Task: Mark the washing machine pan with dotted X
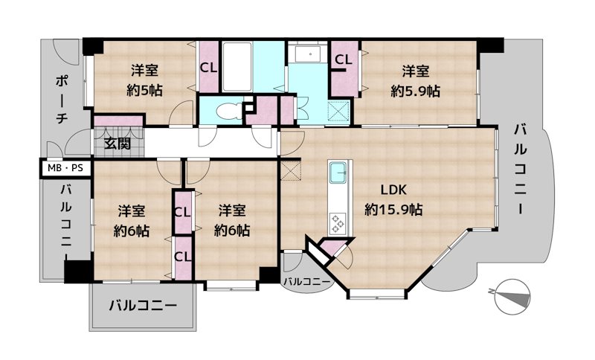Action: (x=343, y=112)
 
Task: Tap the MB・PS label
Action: (x=65, y=169)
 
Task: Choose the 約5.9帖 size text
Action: (x=415, y=91)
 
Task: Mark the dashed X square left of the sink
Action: (x=289, y=170)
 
